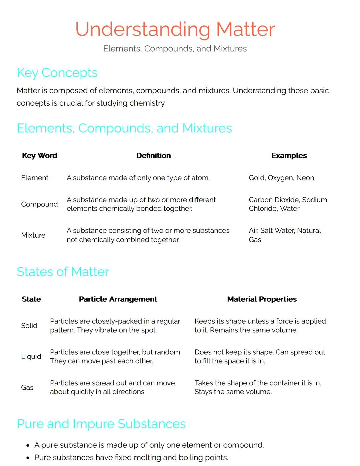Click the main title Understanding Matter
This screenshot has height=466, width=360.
click(175, 29)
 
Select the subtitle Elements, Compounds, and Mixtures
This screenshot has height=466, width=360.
click(175, 49)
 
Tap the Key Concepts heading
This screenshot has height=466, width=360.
click(57, 73)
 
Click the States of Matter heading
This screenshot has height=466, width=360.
click(63, 272)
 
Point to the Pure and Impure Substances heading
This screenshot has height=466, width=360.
click(101, 424)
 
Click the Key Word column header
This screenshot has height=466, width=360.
click(39, 156)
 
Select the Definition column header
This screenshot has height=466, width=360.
click(153, 156)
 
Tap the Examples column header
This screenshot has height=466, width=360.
click(289, 156)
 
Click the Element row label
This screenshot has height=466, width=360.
click(35, 178)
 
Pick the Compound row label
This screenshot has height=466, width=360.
click(39, 204)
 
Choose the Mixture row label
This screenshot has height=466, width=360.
click(33, 235)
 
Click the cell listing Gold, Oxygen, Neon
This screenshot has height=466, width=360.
click(281, 178)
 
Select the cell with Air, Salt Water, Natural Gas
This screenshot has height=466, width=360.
click(285, 235)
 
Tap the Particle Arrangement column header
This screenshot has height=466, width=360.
click(118, 299)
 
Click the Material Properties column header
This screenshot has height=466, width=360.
click(262, 299)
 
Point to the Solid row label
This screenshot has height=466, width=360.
click(29, 326)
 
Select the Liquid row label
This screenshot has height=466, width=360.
click(31, 357)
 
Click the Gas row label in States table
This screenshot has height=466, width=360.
click(27, 388)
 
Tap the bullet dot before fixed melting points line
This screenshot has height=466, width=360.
click(28, 458)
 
